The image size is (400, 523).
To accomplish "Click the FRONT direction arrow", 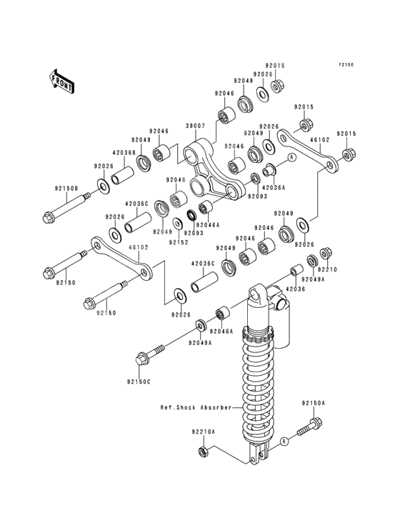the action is pyautogui.click(x=61, y=81).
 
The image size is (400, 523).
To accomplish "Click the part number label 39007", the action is pyautogui.click(x=195, y=126).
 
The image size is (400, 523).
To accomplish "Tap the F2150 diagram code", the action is pyautogui.click(x=346, y=65).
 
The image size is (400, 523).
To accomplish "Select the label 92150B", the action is pyautogui.click(x=66, y=189).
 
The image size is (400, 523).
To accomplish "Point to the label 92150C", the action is pyautogui.click(x=139, y=382).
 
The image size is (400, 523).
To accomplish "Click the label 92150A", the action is pyautogui.click(x=314, y=403).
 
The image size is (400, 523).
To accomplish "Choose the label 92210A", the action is pyautogui.click(x=204, y=432).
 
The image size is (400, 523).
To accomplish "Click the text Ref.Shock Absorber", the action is pyautogui.click(x=196, y=407).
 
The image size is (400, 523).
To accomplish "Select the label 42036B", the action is pyautogui.click(x=124, y=153).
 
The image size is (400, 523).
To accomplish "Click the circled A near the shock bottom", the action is pyautogui.click(x=284, y=442).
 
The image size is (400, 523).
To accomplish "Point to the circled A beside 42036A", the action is pyautogui.click(x=291, y=156).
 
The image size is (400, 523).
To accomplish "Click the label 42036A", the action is pyautogui.click(x=275, y=187).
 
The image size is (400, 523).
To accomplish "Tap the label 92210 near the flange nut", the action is pyautogui.click(x=327, y=269).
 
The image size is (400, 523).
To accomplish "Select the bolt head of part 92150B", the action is pyautogui.click(x=49, y=216).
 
